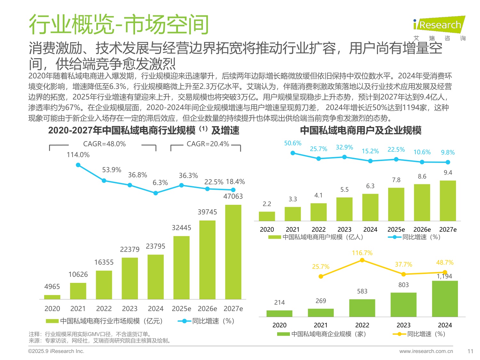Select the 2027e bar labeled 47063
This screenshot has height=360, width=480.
(233, 252)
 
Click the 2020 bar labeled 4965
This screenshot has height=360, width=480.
(52, 297)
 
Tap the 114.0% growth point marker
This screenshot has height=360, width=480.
(78, 165)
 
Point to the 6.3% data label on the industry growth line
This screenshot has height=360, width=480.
(160, 183)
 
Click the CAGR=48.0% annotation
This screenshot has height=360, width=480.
(104, 144)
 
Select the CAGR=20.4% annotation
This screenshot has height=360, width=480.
(208, 144)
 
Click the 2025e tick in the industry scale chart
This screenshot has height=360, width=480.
(181, 309)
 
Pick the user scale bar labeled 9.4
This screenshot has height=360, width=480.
(448, 201)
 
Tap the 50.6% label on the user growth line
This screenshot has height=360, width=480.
(292, 143)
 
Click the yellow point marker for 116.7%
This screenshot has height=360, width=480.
(362, 260)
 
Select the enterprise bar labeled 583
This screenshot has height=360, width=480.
(362, 308)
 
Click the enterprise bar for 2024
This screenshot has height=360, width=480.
(445, 299)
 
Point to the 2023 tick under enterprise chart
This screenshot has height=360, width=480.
(404, 325)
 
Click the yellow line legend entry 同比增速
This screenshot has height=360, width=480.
(419, 334)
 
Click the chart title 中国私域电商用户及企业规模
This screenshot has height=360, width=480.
(361, 131)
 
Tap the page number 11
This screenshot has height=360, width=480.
(470, 351)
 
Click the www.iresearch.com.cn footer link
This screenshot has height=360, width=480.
(426, 351)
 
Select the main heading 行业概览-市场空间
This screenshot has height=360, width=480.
(119, 25)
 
